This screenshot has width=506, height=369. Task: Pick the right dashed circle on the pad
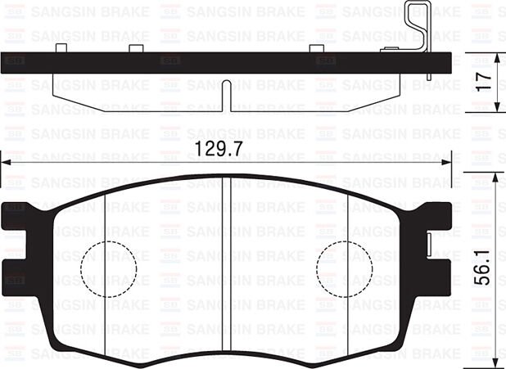[x=345, y=268]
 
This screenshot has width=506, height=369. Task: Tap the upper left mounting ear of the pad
[x=18, y=216]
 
